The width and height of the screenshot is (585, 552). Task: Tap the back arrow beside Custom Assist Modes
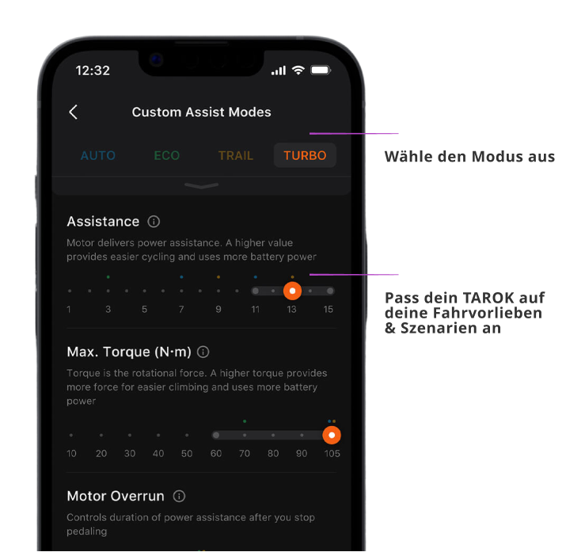point(74,112)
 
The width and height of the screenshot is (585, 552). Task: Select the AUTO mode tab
point(98,155)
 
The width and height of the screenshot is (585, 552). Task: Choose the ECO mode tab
point(167,155)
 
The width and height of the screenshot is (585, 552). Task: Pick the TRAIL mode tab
point(236,155)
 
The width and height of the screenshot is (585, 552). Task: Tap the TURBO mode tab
point(305,155)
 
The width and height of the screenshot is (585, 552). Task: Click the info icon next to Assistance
point(154,222)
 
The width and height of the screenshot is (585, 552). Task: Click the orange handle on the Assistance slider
point(293,291)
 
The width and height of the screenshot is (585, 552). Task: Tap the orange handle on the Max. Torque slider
point(332,435)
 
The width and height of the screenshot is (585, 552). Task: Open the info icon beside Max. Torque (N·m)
point(203,352)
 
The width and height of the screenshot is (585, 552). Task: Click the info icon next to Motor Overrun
point(179,497)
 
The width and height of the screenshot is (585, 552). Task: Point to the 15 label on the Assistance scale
point(329,310)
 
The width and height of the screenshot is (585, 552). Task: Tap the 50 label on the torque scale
point(187,454)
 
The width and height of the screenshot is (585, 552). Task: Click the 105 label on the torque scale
point(332,454)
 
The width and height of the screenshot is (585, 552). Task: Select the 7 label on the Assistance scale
point(181,310)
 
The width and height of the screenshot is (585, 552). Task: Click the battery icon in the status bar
point(321,70)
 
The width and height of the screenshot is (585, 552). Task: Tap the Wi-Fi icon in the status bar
point(298,70)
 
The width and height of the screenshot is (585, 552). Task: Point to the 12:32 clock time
point(93,70)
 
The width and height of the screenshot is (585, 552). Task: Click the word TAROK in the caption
point(488,298)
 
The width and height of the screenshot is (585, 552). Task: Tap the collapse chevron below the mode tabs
point(202,185)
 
